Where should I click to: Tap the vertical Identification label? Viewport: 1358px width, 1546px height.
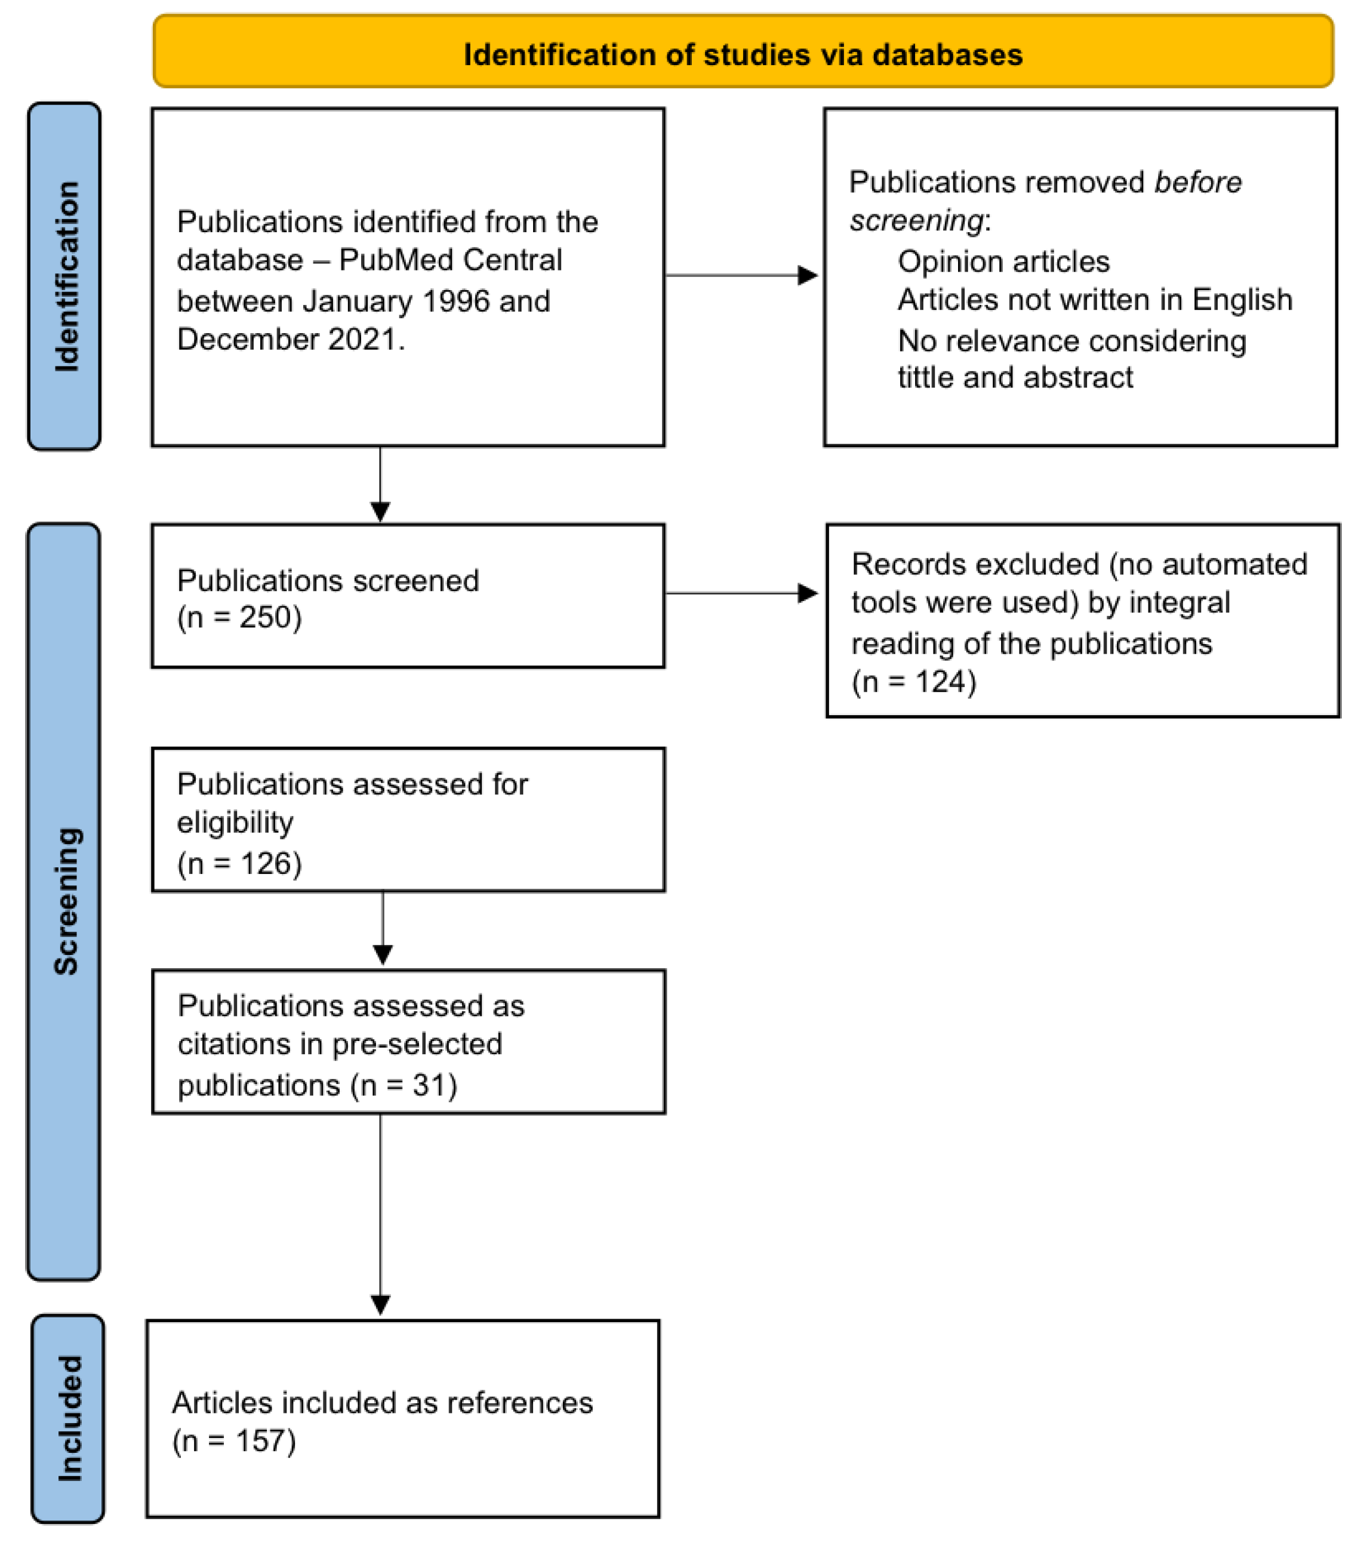(66, 276)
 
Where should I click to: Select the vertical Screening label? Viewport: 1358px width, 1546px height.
(66, 900)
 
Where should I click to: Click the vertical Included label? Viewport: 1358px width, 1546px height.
(69, 1418)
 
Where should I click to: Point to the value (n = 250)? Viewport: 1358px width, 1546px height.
(239, 617)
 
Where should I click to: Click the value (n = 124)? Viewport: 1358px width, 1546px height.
(913, 682)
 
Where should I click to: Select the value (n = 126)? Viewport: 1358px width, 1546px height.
(239, 863)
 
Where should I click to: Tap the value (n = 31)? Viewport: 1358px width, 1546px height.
(404, 1085)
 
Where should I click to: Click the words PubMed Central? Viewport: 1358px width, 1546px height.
(450, 260)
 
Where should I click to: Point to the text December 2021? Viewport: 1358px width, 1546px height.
(291, 339)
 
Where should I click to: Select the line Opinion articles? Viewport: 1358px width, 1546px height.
(1003, 261)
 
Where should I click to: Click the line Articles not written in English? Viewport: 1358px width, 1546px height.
(1094, 300)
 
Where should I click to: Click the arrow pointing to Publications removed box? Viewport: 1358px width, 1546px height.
(741, 275)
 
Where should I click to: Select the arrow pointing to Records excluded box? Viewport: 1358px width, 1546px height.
(741, 593)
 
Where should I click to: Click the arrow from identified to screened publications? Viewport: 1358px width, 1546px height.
(381, 484)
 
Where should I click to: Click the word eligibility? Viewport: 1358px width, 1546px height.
(235, 822)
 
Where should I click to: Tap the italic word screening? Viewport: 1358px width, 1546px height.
(916, 221)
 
